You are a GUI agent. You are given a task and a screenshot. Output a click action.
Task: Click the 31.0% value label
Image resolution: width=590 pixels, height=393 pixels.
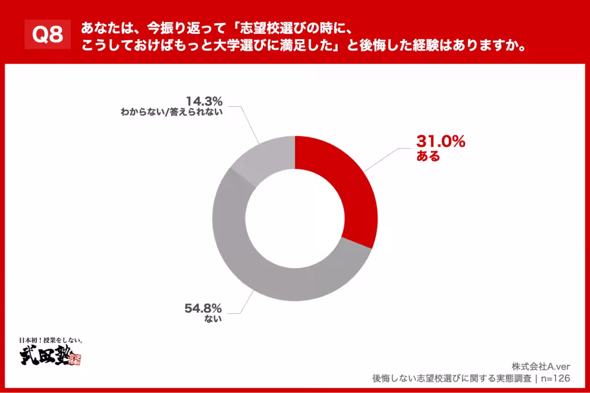[x=441, y=142]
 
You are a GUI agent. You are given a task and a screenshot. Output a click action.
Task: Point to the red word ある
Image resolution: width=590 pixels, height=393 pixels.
[x=428, y=157]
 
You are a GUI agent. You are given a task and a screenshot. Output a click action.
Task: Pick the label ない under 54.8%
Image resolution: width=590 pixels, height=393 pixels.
[x=215, y=319]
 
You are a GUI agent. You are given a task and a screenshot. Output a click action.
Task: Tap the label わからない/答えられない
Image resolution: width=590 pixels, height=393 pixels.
[x=172, y=112]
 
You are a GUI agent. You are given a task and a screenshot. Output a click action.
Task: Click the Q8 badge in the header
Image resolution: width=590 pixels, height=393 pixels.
[x=48, y=35]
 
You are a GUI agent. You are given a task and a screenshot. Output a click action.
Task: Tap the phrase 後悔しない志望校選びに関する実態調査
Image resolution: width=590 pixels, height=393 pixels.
[x=452, y=378]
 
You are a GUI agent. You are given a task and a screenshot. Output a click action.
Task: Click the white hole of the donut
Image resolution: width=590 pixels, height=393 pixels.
[x=295, y=219]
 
